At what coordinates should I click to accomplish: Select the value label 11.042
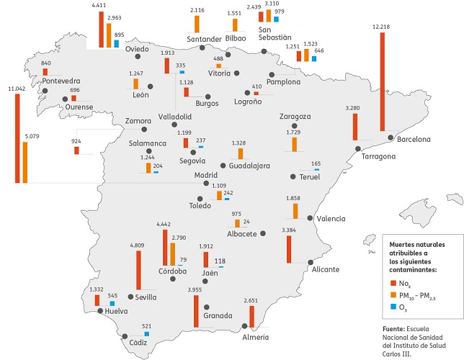click(16, 89)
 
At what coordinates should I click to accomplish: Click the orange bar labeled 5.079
click(25, 163)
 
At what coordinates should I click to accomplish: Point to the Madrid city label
click(206, 175)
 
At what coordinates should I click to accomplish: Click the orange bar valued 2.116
click(196, 23)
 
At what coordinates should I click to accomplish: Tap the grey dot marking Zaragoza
click(294, 126)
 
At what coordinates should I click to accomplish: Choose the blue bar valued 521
click(147, 333)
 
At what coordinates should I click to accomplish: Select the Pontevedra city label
click(61, 81)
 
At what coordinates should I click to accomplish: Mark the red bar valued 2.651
click(251, 317)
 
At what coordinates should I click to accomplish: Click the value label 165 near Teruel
click(315, 164)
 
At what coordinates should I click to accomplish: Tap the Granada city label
click(218, 315)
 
